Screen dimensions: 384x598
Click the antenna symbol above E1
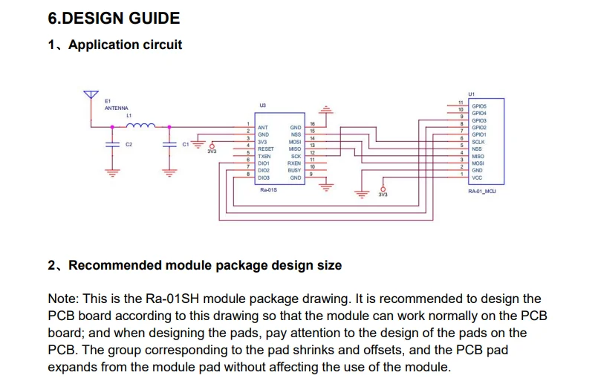pyautogui.click(x=91, y=94)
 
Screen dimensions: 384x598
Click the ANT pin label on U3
pyautogui.click(x=262, y=128)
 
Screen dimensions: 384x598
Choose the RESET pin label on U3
pyautogui.click(x=266, y=149)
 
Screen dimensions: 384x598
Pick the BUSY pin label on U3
pyautogui.click(x=294, y=170)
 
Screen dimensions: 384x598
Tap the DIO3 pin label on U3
pyautogui.click(x=264, y=178)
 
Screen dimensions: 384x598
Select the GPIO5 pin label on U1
pyautogui.click(x=479, y=106)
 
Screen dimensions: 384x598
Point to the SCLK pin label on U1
pyautogui.click(x=478, y=141)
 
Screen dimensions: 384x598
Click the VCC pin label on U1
pyautogui.click(x=477, y=177)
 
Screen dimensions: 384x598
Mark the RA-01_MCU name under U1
pyautogui.click(x=481, y=191)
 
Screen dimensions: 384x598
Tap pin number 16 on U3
pyautogui.click(x=312, y=123)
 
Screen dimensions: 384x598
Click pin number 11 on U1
pyautogui.click(x=461, y=102)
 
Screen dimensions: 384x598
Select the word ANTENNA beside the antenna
pyautogui.click(x=116, y=108)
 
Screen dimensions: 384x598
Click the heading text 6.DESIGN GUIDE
pyautogui.click(x=113, y=18)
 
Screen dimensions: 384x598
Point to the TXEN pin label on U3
pyautogui.click(x=264, y=157)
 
